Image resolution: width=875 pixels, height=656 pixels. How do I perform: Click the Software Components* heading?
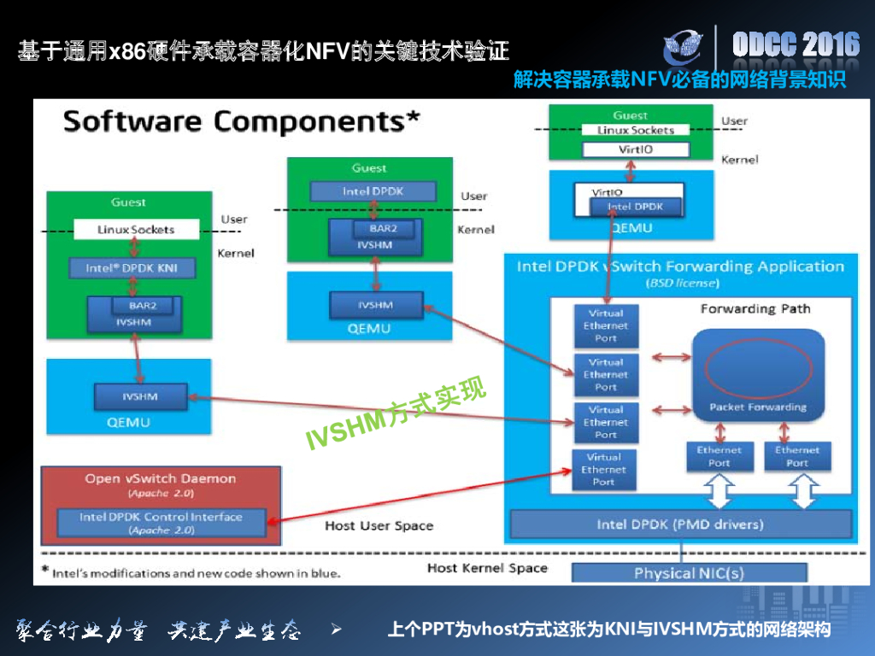[x=242, y=121]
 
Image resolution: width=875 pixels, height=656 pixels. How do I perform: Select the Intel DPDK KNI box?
[x=132, y=268]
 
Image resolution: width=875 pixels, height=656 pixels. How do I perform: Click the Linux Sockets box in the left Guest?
[x=136, y=229]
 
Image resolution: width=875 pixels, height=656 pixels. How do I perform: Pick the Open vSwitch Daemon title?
[x=160, y=478]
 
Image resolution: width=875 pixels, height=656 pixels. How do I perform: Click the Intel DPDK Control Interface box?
[x=161, y=523]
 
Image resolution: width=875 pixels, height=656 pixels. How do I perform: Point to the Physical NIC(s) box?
[x=689, y=572]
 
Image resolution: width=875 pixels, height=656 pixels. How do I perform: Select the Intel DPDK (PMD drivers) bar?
[x=680, y=524]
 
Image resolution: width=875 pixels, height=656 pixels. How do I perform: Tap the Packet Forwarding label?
[x=758, y=407]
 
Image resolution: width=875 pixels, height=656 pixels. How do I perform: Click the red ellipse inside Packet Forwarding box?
[x=757, y=368]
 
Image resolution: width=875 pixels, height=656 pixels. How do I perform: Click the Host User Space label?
[x=379, y=525]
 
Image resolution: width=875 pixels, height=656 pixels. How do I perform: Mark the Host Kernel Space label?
[x=487, y=568]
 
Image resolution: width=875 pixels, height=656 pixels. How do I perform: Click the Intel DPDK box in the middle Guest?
[x=373, y=191]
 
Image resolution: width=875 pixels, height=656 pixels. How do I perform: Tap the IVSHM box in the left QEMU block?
[x=140, y=397]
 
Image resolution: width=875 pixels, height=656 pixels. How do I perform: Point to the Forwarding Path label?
[x=755, y=308]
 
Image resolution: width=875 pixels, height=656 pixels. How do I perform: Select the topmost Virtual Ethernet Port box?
[x=606, y=325]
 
